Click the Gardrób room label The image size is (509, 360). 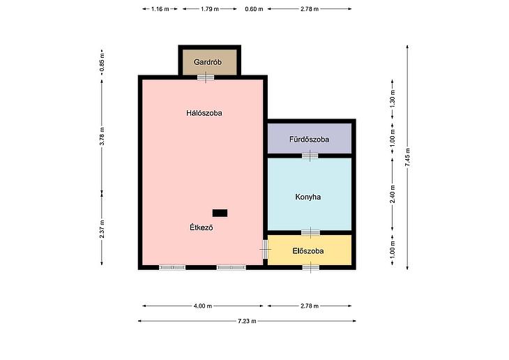click(x=207, y=62)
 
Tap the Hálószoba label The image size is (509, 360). click(x=204, y=113)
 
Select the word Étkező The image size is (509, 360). click(x=202, y=227)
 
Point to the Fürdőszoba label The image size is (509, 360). click(x=309, y=140)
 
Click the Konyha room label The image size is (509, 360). click(x=308, y=197)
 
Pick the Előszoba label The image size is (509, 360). click(x=308, y=251)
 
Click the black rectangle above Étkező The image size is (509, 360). click(x=220, y=213)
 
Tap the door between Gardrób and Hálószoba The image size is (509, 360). click(x=206, y=77)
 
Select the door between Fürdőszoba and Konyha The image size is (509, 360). click(x=310, y=156)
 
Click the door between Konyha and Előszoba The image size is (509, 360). click(x=311, y=232)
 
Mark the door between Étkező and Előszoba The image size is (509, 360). click(x=265, y=249)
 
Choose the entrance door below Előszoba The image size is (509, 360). click(x=311, y=268)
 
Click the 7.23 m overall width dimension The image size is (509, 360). click(x=247, y=321)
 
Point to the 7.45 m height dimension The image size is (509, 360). click(x=407, y=158)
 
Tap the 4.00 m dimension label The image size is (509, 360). click(x=203, y=306)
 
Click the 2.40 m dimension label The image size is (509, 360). click(x=393, y=194)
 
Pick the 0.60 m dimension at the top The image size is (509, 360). click(x=254, y=9)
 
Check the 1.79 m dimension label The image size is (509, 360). click(x=210, y=9)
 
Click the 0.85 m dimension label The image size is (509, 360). click(x=102, y=62)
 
